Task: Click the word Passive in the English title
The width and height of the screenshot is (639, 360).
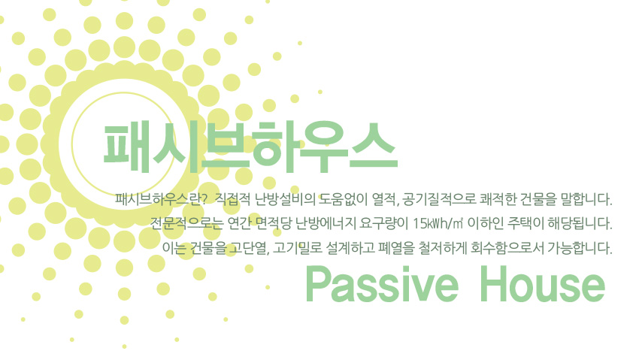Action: (x=382, y=285)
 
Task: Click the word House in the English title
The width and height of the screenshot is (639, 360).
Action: (x=542, y=284)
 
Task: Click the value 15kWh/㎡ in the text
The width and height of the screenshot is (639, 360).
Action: (x=438, y=223)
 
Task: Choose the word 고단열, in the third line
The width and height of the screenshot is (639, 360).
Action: (x=248, y=247)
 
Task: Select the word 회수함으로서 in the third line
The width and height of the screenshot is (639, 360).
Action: (x=507, y=247)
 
